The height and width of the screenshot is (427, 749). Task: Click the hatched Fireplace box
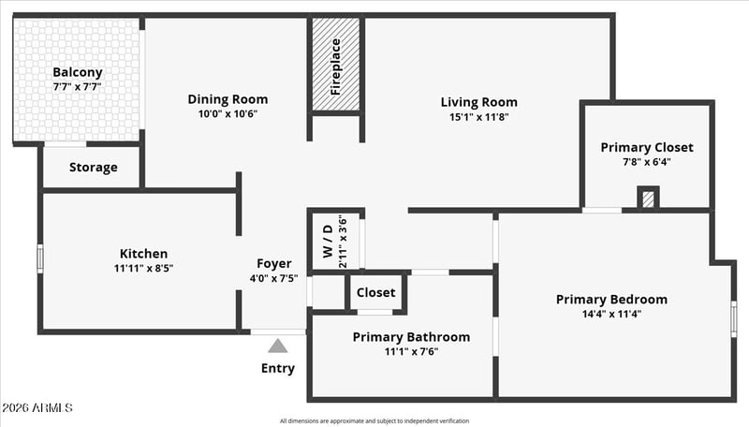[x=336, y=65]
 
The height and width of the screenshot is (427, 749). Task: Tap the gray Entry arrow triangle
[x=278, y=346]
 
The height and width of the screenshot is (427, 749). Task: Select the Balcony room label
[x=77, y=72]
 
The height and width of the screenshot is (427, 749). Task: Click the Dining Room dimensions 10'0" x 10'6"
[x=228, y=114]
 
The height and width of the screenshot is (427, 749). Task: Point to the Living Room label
[x=479, y=102]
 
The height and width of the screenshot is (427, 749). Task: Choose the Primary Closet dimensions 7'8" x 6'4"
[x=647, y=161]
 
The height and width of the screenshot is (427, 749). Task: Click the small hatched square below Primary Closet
[x=648, y=199]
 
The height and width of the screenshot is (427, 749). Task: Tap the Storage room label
[x=93, y=168]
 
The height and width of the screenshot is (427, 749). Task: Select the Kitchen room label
[x=143, y=254]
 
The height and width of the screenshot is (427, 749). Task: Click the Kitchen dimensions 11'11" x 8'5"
[x=143, y=268]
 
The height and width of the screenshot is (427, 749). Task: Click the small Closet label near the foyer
[x=375, y=292]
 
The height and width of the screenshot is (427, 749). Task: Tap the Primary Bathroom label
[x=411, y=337]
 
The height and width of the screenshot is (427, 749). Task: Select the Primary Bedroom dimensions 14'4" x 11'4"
[x=611, y=314]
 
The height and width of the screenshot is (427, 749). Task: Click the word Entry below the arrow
[x=278, y=368]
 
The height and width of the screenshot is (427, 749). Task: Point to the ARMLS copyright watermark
[x=37, y=408]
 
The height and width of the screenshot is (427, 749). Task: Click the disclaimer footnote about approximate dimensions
[x=374, y=421]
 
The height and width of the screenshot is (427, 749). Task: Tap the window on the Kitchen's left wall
[x=40, y=258]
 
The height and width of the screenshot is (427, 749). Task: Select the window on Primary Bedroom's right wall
[x=734, y=318]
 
